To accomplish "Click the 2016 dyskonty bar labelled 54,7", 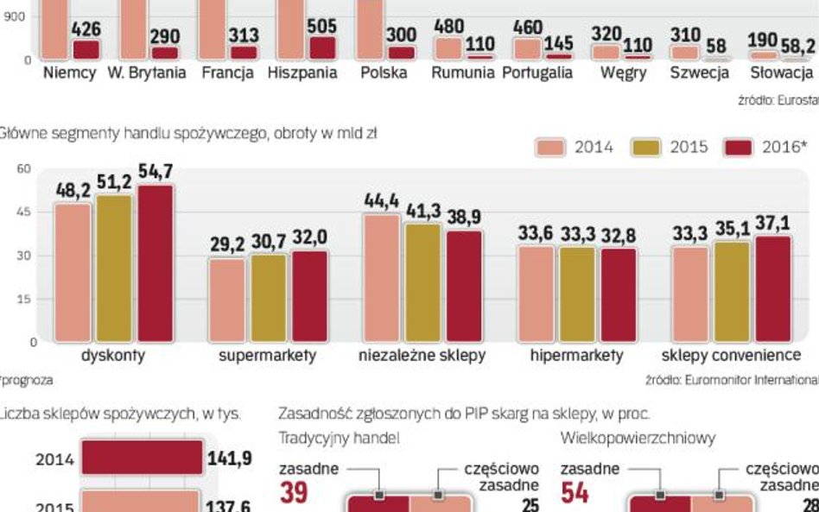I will click(154, 263).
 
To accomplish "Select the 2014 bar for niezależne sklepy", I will click(381, 277).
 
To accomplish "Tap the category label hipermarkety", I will click(577, 356).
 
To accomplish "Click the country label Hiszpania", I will click(302, 73).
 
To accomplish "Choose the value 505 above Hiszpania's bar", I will click(321, 27).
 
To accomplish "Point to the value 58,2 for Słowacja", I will click(796, 44).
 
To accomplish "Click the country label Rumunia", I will click(462, 73).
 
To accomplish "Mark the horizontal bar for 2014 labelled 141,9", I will click(143, 458).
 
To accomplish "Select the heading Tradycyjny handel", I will click(339, 439).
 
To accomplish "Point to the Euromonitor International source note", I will click(731, 379).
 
